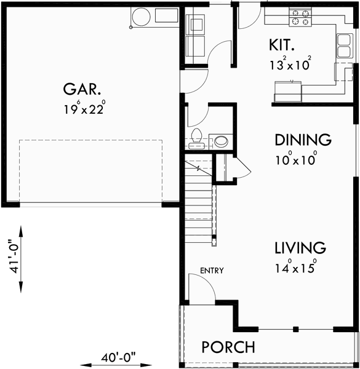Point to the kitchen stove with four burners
300,17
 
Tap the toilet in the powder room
197,138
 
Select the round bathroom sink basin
220,141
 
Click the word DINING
303,140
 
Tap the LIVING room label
300,248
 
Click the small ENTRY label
212,270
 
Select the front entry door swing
200,288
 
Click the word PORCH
228,347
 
